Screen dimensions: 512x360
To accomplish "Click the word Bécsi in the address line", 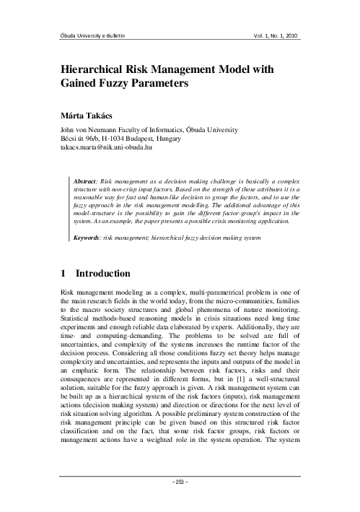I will coord(69,138).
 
